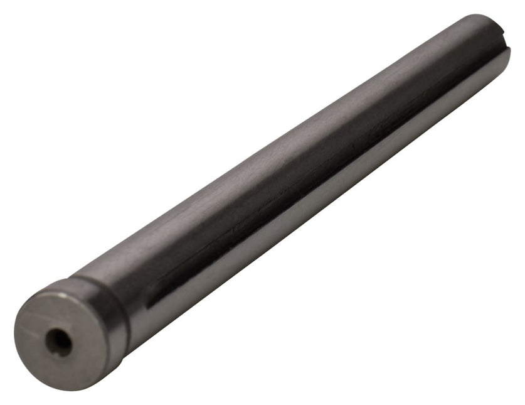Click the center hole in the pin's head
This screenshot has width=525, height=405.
coord(58,341)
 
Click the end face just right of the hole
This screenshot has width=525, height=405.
coord(85,339)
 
